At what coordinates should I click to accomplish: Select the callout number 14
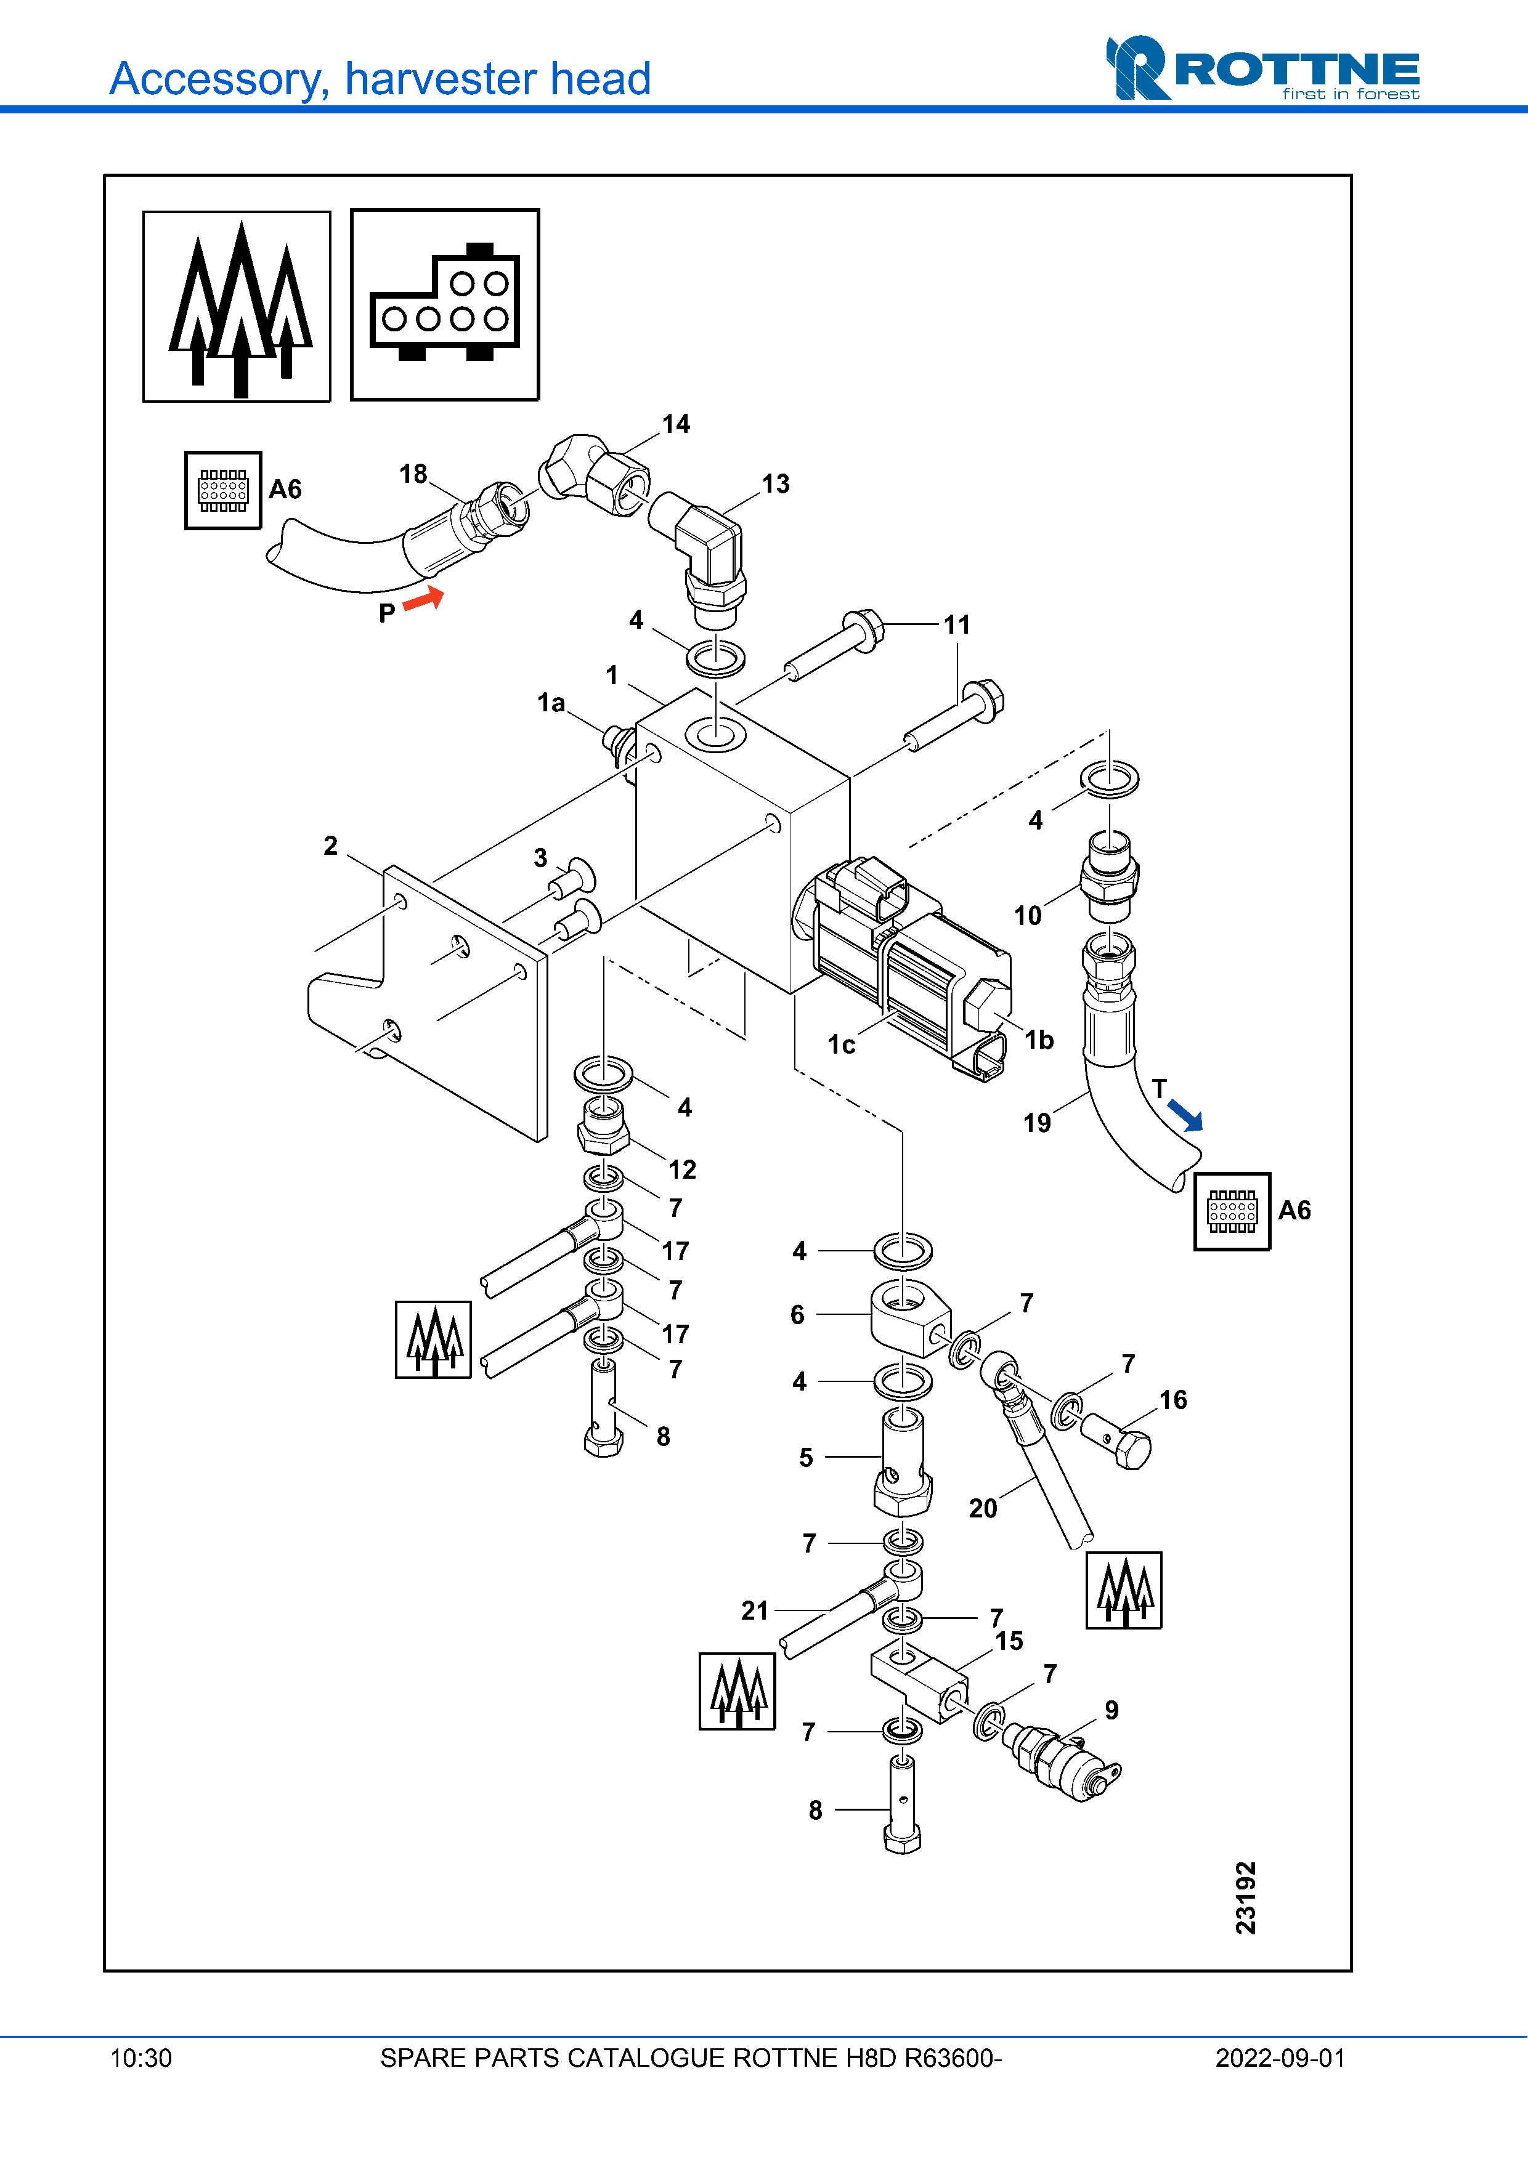click(x=676, y=424)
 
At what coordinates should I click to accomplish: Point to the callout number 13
click(x=776, y=484)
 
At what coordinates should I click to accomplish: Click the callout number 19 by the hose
click(x=1036, y=1123)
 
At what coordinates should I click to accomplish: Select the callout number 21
click(x=755, y=1610)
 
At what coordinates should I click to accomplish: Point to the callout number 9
click(x=1112, y=1710)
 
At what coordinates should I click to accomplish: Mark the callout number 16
click(x=1173, y=1400)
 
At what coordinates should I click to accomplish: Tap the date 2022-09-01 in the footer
click(x=1280, y=2058)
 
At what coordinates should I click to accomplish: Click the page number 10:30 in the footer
click(x=141, y=2058)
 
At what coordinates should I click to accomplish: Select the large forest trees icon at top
click(x=237, y=307)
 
